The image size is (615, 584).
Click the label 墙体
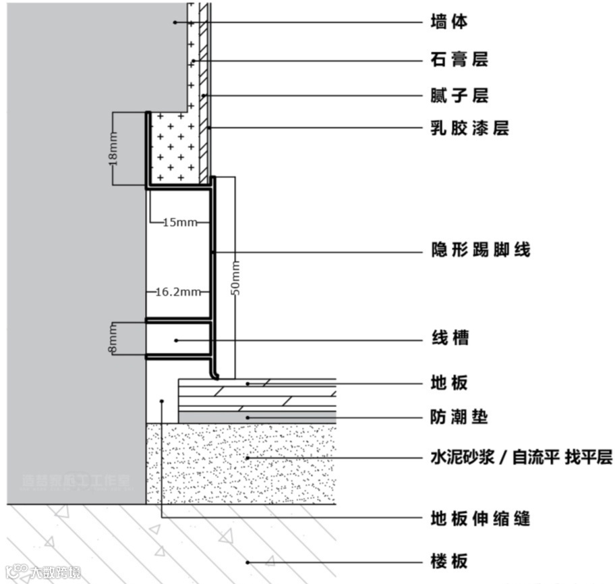pos(448,22)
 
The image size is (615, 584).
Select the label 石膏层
pos(459,59)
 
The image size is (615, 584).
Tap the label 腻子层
pos(459,96)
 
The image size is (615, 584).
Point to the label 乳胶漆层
pos(469,127)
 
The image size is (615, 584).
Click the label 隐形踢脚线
pos(480,250)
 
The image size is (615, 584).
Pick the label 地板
pos(448,383)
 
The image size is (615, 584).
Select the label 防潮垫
pos(459,417)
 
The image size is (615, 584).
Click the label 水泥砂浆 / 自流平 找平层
pos(521,457)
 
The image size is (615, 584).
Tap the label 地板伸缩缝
pos(480,519)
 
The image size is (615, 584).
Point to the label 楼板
pos(448,561)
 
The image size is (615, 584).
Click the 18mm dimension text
pos(113,149)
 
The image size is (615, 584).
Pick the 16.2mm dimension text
pos(178,292)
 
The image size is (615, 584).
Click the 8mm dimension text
pos(113,338)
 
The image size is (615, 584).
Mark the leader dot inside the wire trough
pos(176,340)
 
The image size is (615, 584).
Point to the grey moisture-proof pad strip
pos(257,417)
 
